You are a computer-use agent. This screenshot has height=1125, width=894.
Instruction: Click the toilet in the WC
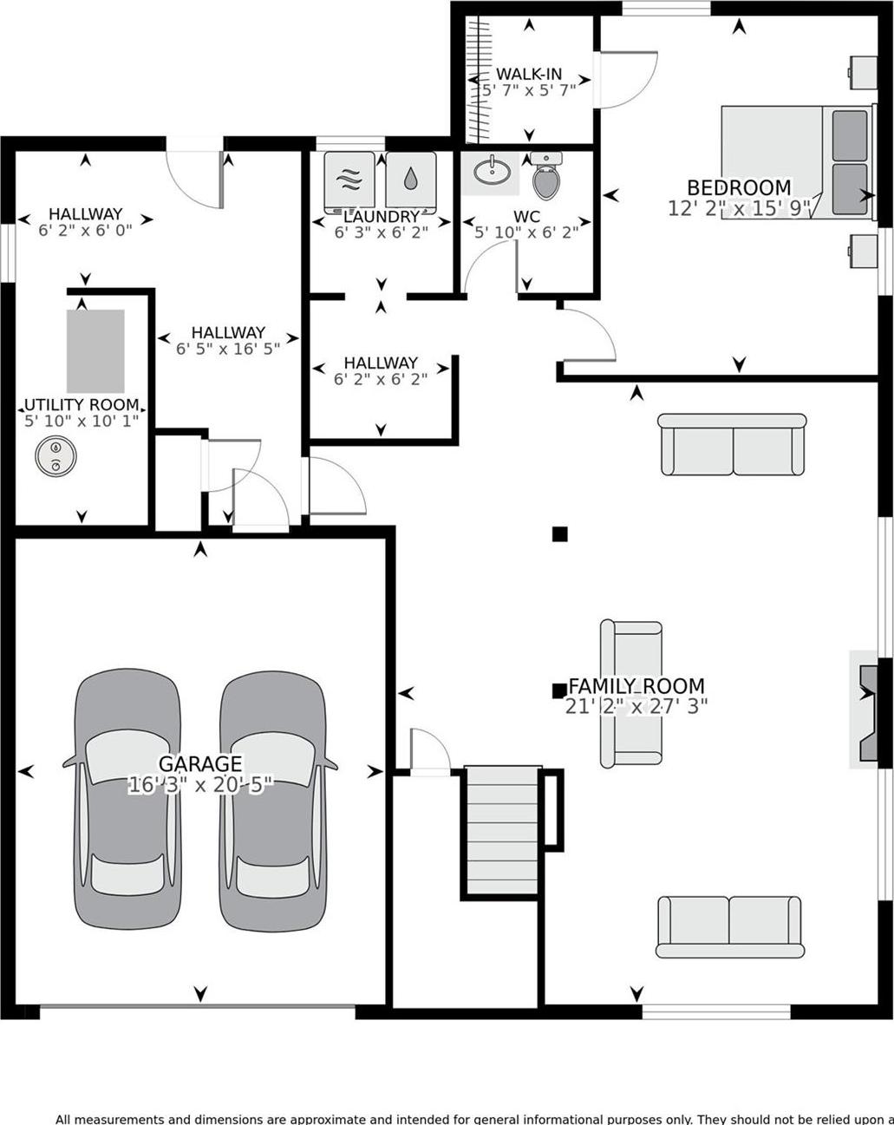[546, 178]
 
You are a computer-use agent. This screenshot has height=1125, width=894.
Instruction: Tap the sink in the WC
[491, 172]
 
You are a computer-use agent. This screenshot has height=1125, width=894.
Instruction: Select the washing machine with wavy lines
[349, 180]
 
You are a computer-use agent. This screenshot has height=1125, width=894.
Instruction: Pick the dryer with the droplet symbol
[410, 180]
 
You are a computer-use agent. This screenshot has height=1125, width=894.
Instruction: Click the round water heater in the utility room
[55, 456]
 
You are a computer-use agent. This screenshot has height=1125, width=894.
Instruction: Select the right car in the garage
[272, 798]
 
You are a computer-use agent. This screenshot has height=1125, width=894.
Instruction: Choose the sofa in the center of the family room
[631, 694]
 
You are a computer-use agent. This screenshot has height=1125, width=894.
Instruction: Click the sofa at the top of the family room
[733, 444]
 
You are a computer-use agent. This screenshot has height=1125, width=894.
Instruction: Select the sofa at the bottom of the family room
[729, 926]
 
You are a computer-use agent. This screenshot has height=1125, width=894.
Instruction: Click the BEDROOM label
[739, 187]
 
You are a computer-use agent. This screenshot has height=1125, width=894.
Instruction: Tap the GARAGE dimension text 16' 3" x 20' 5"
[200, 785]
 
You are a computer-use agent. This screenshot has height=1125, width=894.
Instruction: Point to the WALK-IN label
[529, 75]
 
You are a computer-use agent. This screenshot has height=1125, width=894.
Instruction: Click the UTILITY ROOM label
[82, 405]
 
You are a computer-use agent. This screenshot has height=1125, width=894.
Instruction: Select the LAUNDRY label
[382, 217]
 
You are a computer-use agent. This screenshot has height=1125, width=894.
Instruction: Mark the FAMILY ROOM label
[636, 686]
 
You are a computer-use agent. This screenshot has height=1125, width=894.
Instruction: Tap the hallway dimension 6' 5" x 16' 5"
[228, 349]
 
